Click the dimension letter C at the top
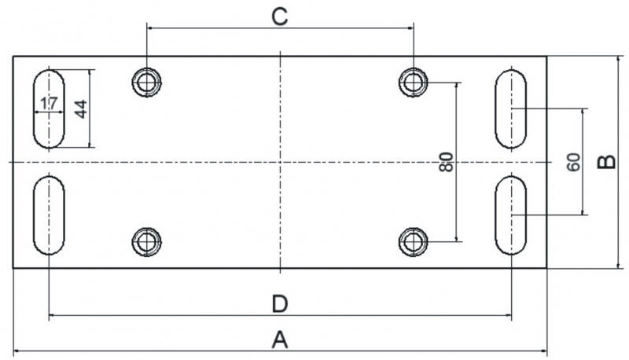tap(280, 17)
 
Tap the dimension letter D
tap(280, 304)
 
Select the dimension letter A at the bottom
tap(280, 340)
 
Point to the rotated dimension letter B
tap(606, 162)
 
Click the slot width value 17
tap(49, 104)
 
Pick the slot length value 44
tap(81, 109)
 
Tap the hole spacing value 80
tap(446, 162)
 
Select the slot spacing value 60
tap(574, 162)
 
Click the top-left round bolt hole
tap(147, 83)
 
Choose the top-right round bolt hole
tap(414, 83)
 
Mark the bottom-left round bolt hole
tap(147, 242)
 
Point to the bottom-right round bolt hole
tap(414, 242)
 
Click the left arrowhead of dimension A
tap(17, 351)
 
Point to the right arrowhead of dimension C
tap(410, 28)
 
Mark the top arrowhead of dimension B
tap(620, 59)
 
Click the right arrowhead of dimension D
tap(508, 316)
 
